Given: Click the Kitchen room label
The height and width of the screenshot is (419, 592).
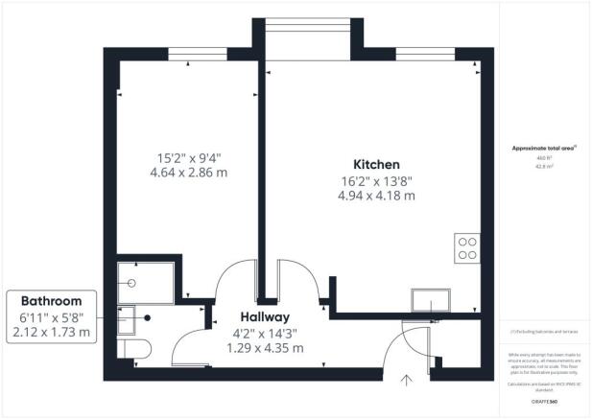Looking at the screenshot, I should click(x=375, y=164).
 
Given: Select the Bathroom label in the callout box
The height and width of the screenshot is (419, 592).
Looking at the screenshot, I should click(x=53, y=300).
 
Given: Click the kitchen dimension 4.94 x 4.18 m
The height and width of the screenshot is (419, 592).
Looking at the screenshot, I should click(x=375, y=195).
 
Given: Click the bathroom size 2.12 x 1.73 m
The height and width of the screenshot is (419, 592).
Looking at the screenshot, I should click(x=53, y=333).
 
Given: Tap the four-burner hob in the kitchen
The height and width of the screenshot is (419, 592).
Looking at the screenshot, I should click(x=468, y=248).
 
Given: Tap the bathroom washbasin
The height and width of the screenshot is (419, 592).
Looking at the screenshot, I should click(x=127, y=317).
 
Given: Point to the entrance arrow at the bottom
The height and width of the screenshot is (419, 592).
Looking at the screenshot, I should click(x=409, y=380).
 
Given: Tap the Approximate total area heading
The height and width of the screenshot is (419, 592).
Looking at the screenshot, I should click(x=542, y=148).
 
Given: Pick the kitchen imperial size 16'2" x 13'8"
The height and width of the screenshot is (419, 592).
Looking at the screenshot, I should click(x=375, y=179).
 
